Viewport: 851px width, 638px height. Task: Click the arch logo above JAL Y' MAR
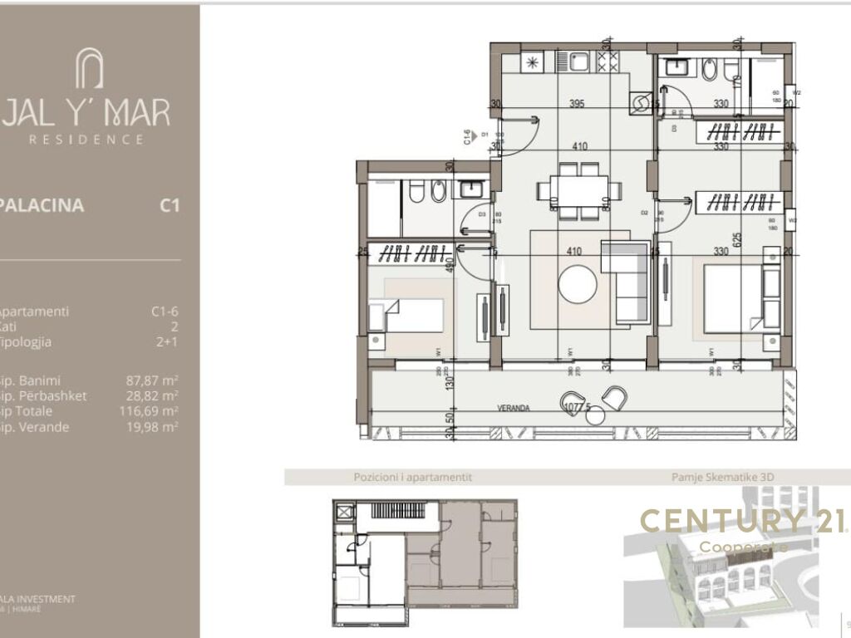(89, 68)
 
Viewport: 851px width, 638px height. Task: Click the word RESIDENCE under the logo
(86, 140)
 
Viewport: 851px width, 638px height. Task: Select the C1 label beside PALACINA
(170, 205)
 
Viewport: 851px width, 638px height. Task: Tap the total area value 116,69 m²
(150, 411)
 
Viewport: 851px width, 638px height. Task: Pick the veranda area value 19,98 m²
(154, 427)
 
